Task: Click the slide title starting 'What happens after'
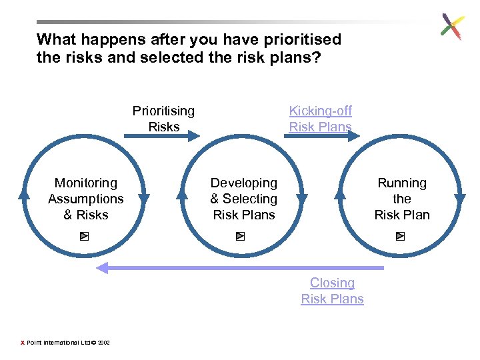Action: click(x=189, y=49)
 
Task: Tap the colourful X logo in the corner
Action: click(x=452, y=27)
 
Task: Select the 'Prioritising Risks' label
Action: click(x=163, y=118)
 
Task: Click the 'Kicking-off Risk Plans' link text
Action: click(x=320, y=118)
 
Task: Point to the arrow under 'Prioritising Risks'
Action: click(x=162, y=136)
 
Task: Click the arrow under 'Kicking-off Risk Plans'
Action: click(x=324, y=136)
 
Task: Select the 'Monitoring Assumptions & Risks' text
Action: click(x=86, y=199)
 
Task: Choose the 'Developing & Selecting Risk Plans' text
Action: click(x=244, y=199)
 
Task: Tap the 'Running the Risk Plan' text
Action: click(x=402, y=199)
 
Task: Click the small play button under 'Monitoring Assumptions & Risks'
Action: click(x=85, y=236)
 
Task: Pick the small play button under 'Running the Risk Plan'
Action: click(x=400, y=236)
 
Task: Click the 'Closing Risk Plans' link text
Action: click(x=332, y=291)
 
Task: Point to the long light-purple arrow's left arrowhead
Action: click(x=101, y=268)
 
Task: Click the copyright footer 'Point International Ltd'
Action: click(x=58, y=343)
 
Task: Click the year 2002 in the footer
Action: click(x=103, y=343)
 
